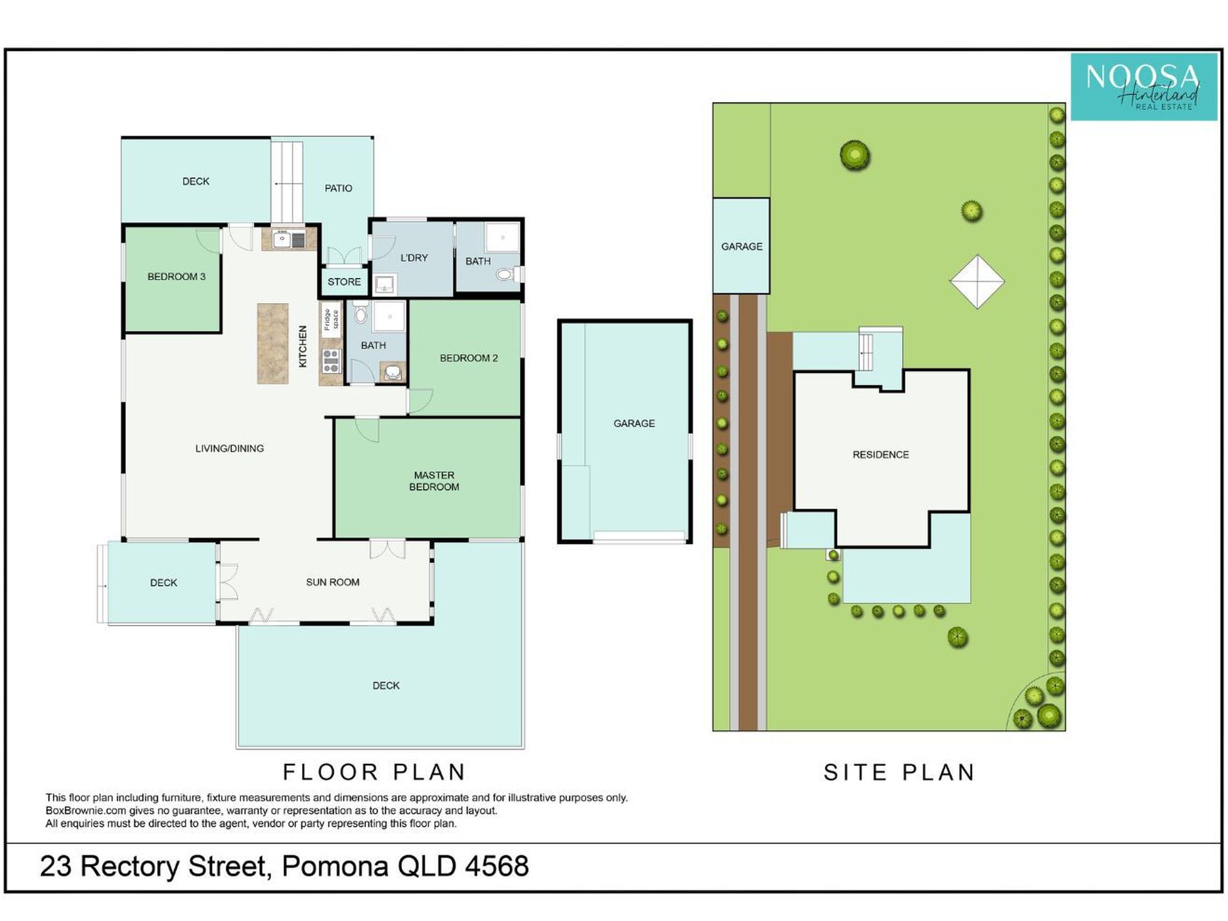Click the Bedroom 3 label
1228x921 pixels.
coord(176,277)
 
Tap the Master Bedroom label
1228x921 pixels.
coord(434,481)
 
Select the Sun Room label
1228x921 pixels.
coord(332,582)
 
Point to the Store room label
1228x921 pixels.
coord(344,282)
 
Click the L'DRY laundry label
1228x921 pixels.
coord(414,258)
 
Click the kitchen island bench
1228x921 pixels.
coord(273,344)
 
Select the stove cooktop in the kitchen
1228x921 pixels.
coord(331,361)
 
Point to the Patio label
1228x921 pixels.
coord(338,188)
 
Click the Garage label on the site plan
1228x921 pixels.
coord(741,246)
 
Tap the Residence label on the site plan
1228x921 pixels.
coord(880,455)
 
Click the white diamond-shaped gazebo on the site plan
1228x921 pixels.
coord(977,281)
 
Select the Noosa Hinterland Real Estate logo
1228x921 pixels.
coord(1143,87)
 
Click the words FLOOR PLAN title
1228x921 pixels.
coord(374,772)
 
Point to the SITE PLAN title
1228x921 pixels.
coord(899,772)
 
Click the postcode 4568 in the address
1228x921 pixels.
coord(496,866)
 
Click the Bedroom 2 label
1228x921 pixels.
coord(469,358)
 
